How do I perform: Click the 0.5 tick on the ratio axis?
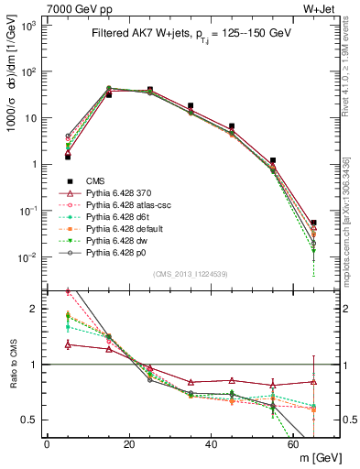28,420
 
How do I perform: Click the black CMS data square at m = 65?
314,223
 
